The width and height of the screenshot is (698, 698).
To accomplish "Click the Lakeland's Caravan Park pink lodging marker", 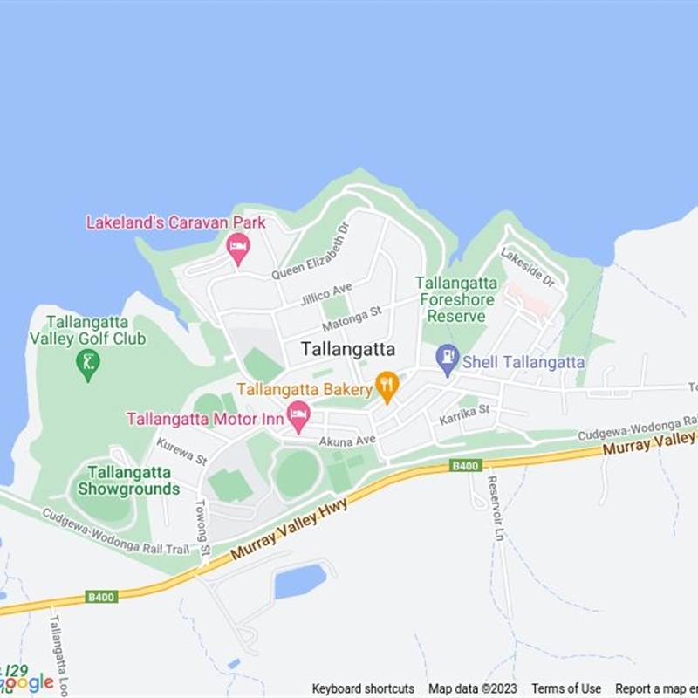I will [238, 249].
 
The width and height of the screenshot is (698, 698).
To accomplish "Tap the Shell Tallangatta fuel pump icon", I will [448, 359].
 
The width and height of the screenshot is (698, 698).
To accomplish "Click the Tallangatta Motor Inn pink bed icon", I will [298, 415].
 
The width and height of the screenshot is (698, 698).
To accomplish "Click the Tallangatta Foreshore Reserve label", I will [456, 299].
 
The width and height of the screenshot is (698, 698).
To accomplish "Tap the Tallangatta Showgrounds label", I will [128, 481].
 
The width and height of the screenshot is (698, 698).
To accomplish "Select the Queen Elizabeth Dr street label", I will [311, 250].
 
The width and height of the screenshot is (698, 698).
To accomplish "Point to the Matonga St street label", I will [352, 318].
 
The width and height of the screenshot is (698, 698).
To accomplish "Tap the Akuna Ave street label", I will [346, 441].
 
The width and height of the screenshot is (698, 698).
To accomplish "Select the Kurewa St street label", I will [181, 451].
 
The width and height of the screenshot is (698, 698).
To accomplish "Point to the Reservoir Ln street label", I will [496, 508].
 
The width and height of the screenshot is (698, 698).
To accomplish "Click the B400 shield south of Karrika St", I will [467, 467].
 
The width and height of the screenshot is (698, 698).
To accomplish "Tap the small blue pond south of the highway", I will [300, 581].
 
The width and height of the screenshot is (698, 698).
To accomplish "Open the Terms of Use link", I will [566, 688].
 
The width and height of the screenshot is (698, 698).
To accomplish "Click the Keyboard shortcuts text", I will [363, 688].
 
